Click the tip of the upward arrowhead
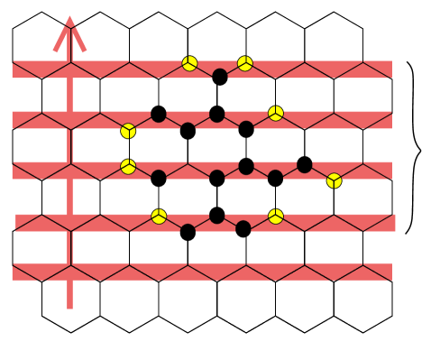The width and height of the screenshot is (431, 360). click(69, 15)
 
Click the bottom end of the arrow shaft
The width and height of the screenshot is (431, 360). click(69, 308)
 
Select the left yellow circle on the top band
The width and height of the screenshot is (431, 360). click(189, 63)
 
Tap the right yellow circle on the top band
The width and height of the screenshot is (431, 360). click(245, 63)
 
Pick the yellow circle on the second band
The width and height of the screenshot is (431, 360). click(276, 113)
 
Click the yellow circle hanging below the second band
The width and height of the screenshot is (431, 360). click(128, 131)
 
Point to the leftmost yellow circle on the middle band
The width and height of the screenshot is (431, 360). click(128, 166)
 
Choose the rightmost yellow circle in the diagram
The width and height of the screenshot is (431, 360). click(334, 180)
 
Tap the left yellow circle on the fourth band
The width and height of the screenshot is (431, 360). click(159, 217)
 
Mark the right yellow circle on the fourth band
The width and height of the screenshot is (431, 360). click(276, 217)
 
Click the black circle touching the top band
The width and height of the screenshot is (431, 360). click(219, 76)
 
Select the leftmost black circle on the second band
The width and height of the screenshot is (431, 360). click(159, 115)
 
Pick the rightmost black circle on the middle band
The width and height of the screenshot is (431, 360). click(304, 165)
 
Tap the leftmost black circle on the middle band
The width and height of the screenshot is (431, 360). click(159, 177)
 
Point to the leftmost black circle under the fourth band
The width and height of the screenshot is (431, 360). click(188, 231)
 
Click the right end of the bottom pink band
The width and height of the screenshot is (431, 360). click(391, 272)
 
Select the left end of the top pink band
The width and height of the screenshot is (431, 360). click(13, 69)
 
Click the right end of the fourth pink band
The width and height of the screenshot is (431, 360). click(395, 222)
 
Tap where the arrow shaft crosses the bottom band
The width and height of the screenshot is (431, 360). click(69, 272)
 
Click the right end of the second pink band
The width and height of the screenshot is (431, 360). click(391, 120)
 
